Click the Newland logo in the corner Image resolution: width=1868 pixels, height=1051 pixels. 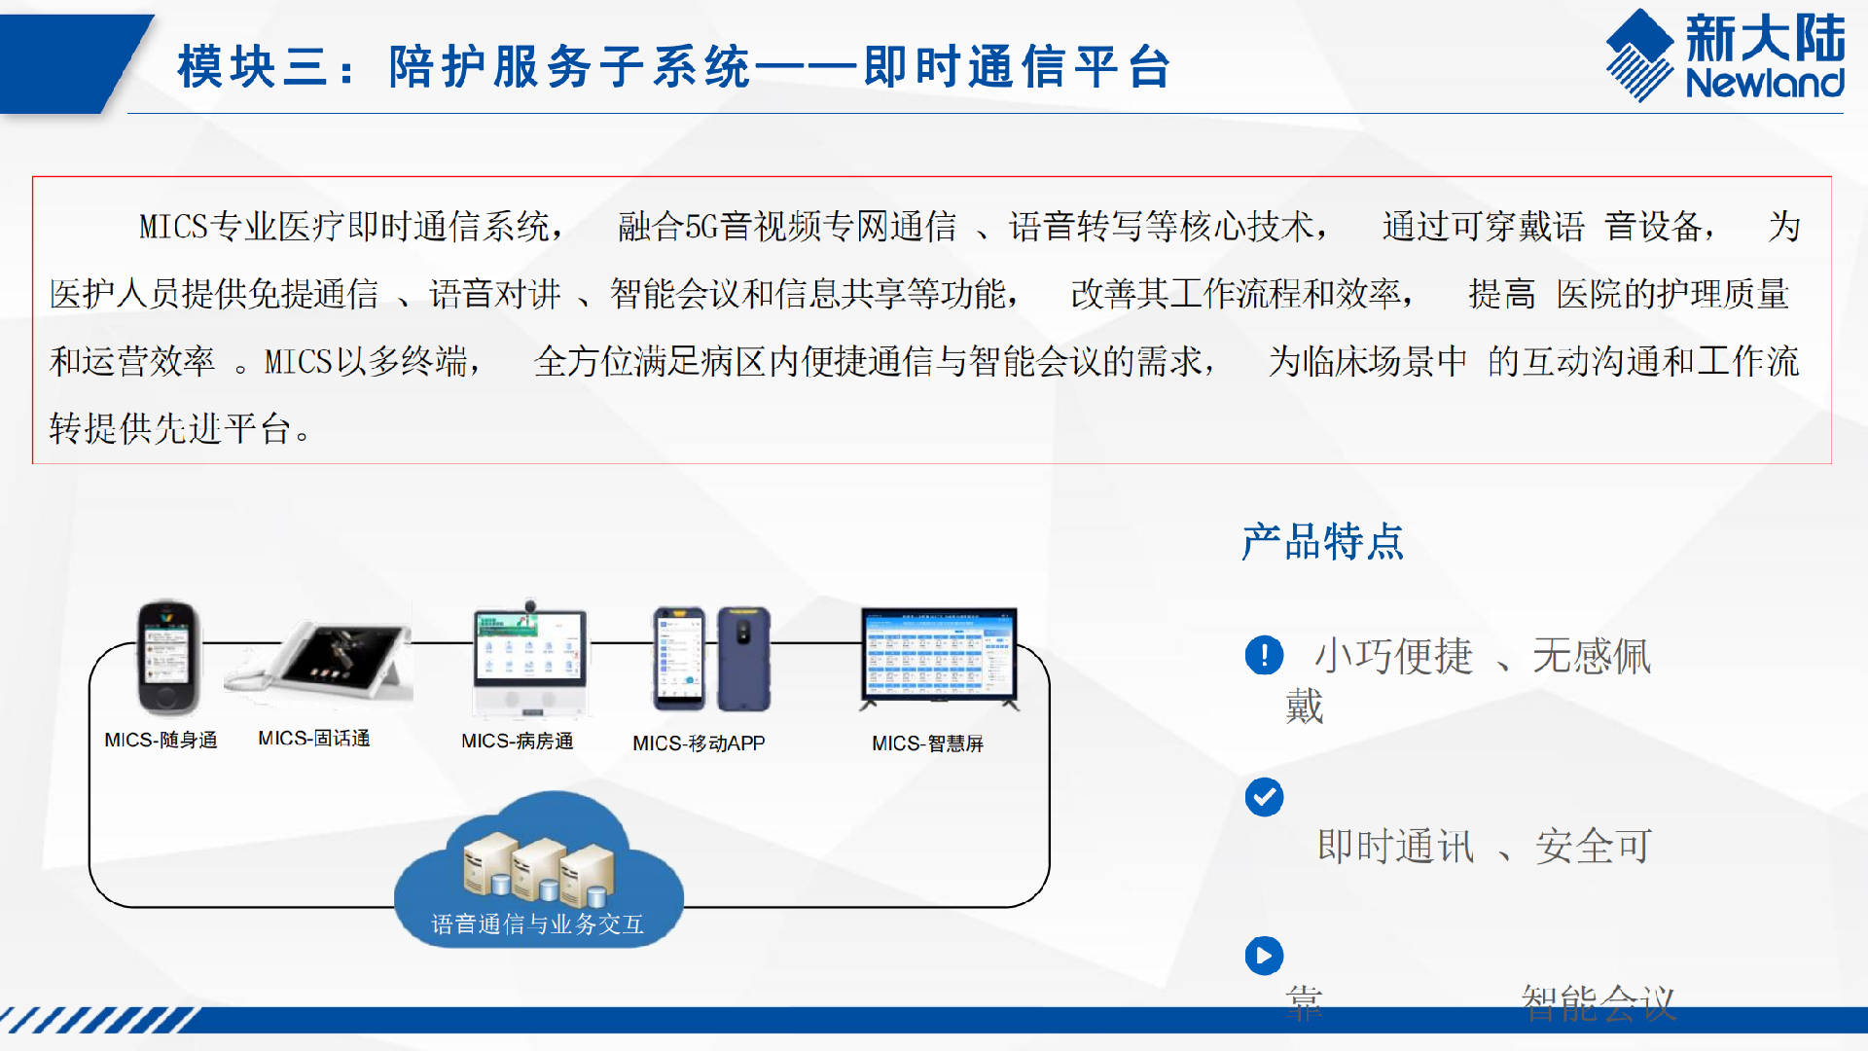[x=1725, y=55]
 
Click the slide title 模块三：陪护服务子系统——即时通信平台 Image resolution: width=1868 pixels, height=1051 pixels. [x=673, y=67]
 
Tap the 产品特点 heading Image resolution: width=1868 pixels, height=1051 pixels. [x=1322, y=542]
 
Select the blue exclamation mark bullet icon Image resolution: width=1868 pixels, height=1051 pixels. [x=1264, y=655]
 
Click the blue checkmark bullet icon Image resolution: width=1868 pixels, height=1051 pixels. [x=1264, y=798]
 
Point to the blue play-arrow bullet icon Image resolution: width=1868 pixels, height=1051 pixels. [x=1264, y=956]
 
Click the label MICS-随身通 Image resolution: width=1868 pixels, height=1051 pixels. [x=161, y=741]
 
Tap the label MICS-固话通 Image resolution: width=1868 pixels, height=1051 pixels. [x=313, y=739]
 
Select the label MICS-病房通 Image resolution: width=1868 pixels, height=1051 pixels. [x=517, y=742]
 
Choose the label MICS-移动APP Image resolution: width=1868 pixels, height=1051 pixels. [x=699, y=743]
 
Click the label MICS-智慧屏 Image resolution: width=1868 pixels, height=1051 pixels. [x=927, y=743]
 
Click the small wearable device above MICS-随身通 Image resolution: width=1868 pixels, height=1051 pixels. [x=167, y=658]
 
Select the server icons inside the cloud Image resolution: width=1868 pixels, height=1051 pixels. [x=538, y=866]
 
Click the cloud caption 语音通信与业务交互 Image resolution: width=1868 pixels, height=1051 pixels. [x=538, y=924]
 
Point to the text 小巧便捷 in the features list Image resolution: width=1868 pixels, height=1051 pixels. [x=1393, y=657]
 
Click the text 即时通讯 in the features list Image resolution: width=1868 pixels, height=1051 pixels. [x=1395, y=847]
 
